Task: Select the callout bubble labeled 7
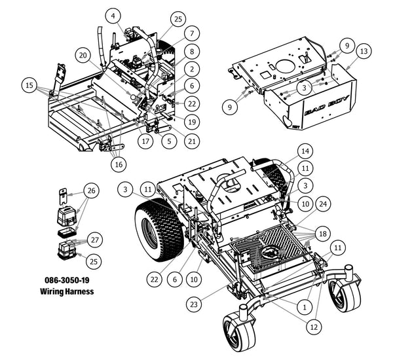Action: point(191,33)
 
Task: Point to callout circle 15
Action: point(28,85)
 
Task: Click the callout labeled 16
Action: point(118,164)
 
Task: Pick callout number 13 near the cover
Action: point(365,51)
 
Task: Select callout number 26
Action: point(92,191)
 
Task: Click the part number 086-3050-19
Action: point(69,279)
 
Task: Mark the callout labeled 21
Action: point(191,140)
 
